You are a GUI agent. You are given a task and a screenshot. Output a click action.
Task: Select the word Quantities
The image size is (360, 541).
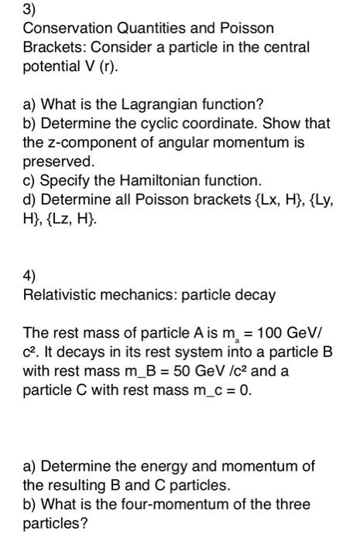click(x=146, y=29)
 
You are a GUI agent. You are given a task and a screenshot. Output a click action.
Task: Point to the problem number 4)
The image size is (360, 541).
click(x=29, y=275)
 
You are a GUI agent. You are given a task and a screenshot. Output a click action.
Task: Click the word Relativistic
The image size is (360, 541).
click(x=58, y=294)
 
